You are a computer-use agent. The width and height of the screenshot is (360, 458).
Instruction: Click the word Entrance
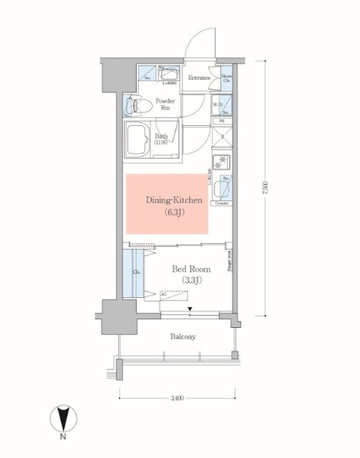pos(198,78)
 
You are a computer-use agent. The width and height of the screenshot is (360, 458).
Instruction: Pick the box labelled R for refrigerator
pos(223,136)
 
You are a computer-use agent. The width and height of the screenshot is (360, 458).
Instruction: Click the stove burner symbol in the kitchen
pos(221,161)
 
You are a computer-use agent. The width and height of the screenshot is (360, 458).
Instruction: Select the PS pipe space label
pos(223,122)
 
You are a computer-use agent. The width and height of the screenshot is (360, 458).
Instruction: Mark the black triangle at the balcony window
pos(190,309)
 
